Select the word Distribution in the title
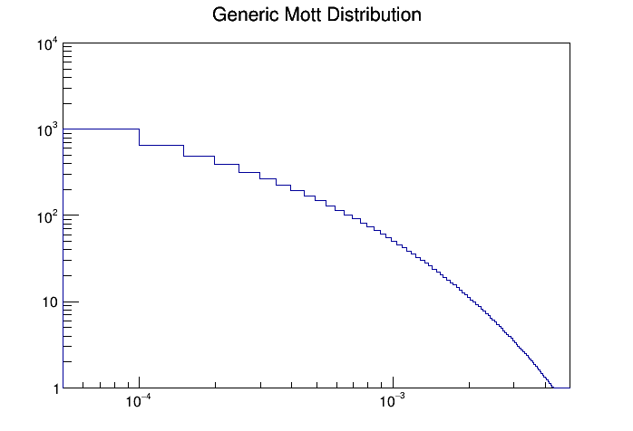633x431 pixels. (x=374, y=15)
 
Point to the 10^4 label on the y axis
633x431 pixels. (x=47, y=45)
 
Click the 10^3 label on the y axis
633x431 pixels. (x=47, y=131)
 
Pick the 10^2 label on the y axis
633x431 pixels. (x=47, y=217)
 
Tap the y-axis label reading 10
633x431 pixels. (x=49, y=302)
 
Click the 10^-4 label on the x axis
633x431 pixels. (x=139, y=402)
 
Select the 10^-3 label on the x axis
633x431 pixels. (x=392, y=402)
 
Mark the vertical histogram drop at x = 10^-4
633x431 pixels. (x=139, y=137)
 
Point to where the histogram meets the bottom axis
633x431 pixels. (x=553, y=388)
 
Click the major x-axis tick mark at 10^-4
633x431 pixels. (x=139, y=382)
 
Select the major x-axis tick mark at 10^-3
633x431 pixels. (x=392, y=382)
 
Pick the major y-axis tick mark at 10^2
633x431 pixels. (x=72, y=215)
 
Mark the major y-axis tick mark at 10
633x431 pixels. (x=72, y=302)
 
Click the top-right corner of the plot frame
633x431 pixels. (x=570, y=43)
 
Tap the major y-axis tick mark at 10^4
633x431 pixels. (x=72, y=43)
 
